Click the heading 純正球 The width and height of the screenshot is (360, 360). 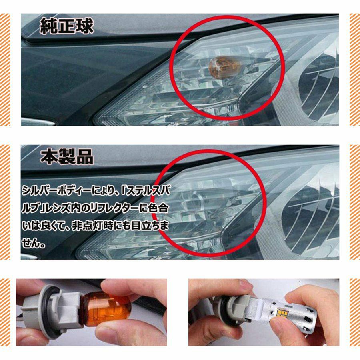point(66,26)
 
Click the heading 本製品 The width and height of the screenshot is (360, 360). point(66,156)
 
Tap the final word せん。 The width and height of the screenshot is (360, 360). point(33,243)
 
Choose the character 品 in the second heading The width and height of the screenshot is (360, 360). point(85,156)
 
